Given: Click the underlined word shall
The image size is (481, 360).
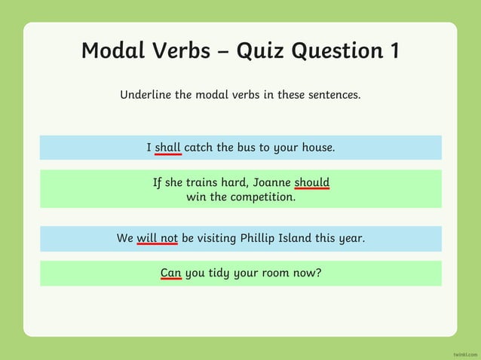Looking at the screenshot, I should (167, 148).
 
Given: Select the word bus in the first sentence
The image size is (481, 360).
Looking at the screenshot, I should (246, 148).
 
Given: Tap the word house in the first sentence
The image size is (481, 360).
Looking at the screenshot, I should (317, 148).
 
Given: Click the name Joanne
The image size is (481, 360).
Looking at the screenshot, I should (271, 182).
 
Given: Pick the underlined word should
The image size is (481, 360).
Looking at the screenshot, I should (311, 182).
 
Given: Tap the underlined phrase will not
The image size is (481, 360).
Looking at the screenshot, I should (157, 238).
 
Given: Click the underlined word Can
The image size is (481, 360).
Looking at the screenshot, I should (170, 273).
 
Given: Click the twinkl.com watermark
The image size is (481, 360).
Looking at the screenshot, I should (465, 353).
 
